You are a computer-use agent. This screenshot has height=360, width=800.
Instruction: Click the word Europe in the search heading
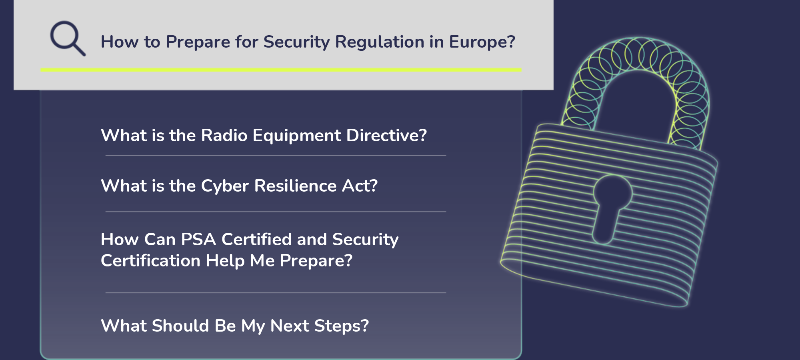(x=482, y=42)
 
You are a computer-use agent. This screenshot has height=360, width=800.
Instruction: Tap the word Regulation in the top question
(x=380, y=42)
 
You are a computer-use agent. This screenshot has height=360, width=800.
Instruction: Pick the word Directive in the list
(x=386, y=135)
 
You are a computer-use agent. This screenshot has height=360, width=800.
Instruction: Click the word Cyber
(x=225, y=186)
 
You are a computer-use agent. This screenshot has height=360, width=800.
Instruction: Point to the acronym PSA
(x=198, y=239)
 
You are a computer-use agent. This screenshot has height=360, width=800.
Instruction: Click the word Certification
(x=150, y=260)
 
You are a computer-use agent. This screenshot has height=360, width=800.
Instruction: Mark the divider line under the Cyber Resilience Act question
(x=276, y=212)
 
